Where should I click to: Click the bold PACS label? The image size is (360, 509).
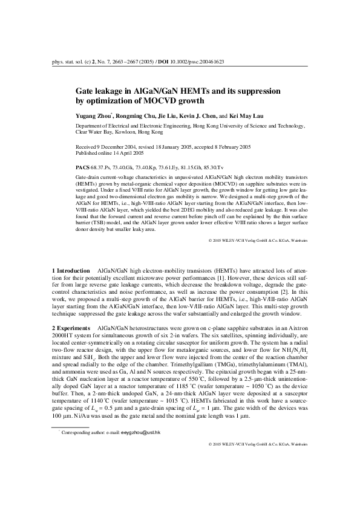(x=82, y=166)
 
